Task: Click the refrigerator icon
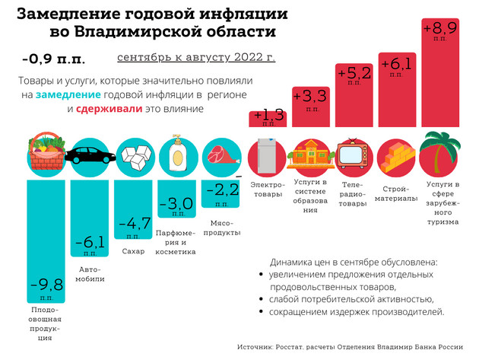(x=268, y=157)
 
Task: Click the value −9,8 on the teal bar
(x=47, y=285)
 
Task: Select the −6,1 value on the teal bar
(x=90, y=243)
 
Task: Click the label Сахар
(x=134, y=250)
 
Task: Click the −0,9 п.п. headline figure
(x=54, y=59)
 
